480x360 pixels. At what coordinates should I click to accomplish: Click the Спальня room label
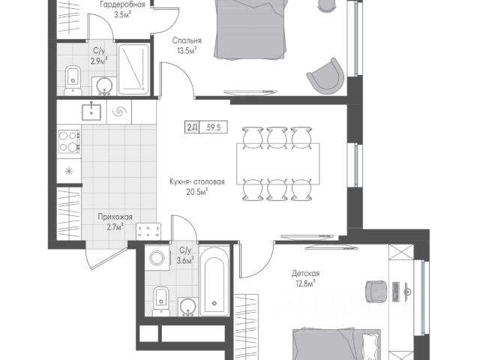point(187,40)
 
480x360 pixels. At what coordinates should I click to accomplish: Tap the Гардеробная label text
point(122,4)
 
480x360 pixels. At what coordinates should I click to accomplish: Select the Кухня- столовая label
point(197,181)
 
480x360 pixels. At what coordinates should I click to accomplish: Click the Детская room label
point(305,273)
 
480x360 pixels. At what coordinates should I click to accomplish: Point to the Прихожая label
point(115,217)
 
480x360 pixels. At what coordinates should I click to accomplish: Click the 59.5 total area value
point(213,127)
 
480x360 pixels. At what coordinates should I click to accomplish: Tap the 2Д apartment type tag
point(192,127)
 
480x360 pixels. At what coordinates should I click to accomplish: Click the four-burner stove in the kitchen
point(69,142)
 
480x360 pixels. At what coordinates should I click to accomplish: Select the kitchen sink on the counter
point(91,112)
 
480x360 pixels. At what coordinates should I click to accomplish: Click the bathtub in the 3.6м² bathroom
point(214,281)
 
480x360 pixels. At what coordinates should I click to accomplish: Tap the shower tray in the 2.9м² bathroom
point(133,69)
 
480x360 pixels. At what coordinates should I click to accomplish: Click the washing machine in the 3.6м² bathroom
point(157,257)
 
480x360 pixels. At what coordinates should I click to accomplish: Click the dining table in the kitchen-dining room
point(277,163)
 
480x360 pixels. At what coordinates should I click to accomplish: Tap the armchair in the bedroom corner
point(324,76)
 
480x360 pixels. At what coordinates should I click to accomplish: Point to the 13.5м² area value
point(186,50)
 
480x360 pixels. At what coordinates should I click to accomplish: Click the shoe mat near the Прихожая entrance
point(148,231)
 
